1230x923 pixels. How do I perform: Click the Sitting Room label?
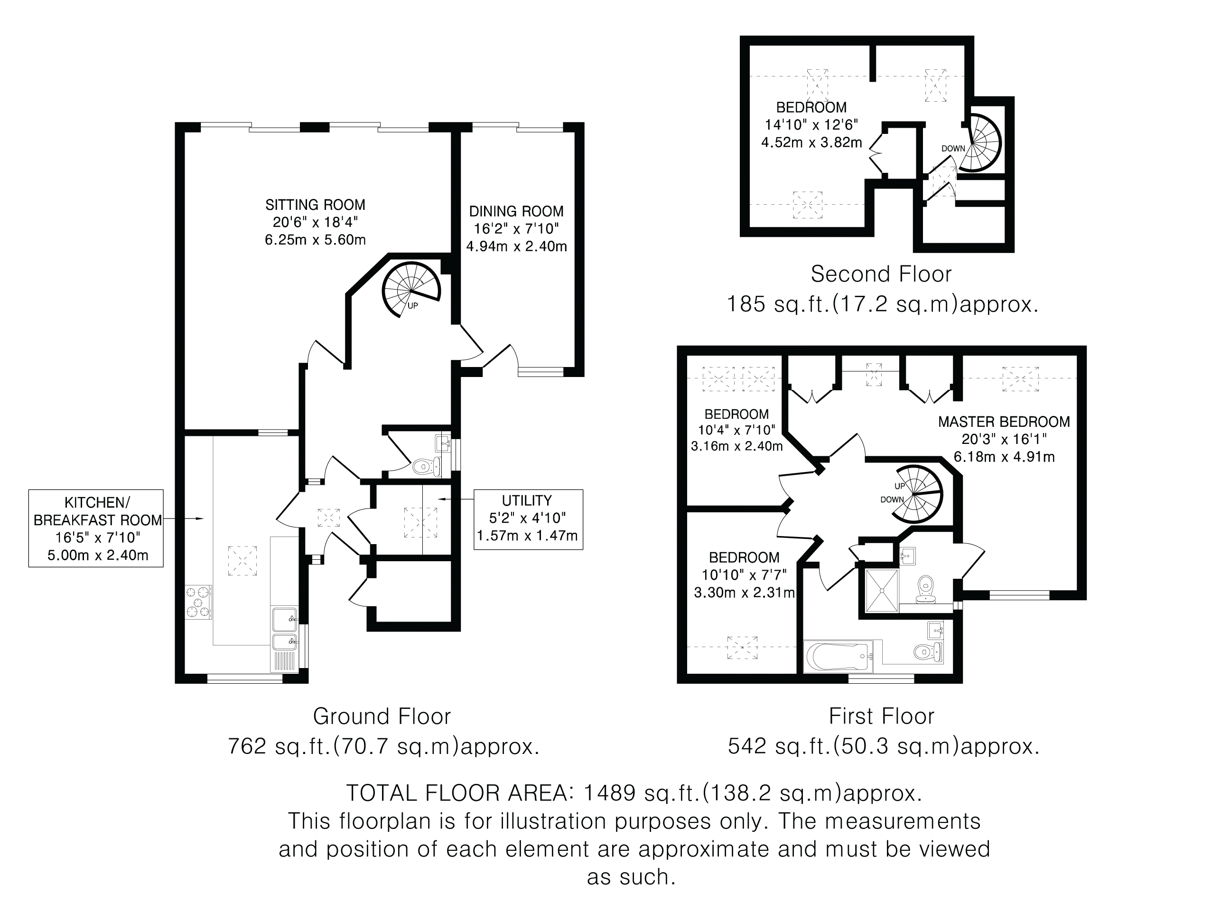(x=315, y=205)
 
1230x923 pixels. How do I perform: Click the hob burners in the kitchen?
(x=198, y=602)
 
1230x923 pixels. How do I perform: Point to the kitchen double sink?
(x=285, y=629)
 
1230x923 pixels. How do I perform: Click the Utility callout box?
(x=528, y=519)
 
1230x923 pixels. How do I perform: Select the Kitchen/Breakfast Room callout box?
(x=96, y=528)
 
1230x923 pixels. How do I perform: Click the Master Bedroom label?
(x=1004, y=422)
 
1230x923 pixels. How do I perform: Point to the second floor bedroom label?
(x=811, y=107)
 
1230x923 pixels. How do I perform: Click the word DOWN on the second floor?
(x=953, y=149)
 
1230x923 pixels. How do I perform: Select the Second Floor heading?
(x=881, y=274)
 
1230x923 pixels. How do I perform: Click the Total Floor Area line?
(x=634, y=793)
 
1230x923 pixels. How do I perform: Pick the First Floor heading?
(x=881, y=716)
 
